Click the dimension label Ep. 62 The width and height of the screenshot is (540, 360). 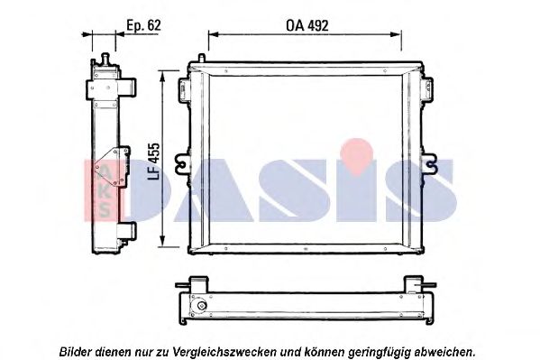(143, 26)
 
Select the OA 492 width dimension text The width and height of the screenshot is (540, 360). (307, 26)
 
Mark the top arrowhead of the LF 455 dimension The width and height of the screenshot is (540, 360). (163, 78)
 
